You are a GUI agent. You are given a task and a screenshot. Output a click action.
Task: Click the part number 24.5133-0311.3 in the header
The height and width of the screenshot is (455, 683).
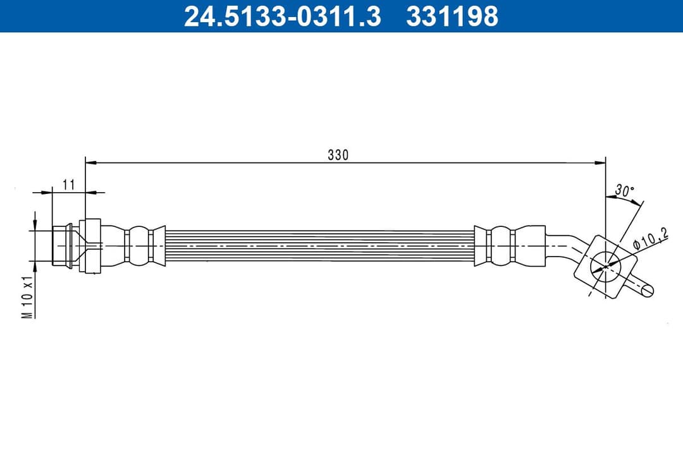click(x=282, y=16)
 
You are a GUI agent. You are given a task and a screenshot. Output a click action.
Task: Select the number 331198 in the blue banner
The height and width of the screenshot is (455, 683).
click(x=452, y=16)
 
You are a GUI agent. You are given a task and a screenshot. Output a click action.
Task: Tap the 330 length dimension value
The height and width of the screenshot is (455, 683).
click(x=338, y=155)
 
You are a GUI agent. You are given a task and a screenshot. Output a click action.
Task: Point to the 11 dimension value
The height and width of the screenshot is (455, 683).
click(x=69, y=184)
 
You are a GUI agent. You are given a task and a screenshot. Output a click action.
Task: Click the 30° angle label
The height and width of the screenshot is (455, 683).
click(x=624, y=190)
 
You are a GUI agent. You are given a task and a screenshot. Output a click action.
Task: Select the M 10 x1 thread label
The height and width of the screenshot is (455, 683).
click(x=27, y=297)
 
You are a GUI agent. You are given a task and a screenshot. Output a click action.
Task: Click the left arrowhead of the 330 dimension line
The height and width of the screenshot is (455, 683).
click(x=90, y=163)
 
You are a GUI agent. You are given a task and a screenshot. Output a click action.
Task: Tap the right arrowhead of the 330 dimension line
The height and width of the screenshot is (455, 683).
click(x=601, y=163)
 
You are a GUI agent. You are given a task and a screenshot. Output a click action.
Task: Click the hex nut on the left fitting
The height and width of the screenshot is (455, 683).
click(x=90, y=245)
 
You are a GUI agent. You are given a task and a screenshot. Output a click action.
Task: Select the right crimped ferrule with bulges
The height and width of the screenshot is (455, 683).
click(x=501, y=245)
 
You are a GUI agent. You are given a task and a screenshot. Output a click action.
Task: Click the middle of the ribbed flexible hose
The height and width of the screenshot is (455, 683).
click(x=319, y=245)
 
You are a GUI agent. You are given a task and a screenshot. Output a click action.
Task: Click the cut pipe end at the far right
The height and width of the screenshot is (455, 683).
click(x=648, y=290)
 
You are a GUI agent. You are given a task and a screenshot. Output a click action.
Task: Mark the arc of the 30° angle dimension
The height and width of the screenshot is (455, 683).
click(x=627, y=201)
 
